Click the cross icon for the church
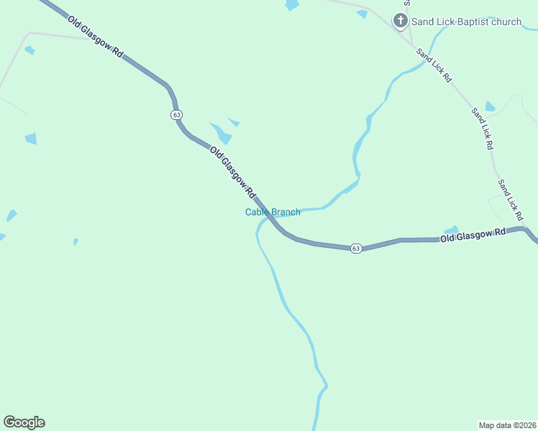click(x=401, y=22)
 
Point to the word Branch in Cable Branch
click(x=286, y=212)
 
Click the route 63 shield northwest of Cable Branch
click(x=177, y=115)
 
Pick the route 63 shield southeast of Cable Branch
click(x=356, y=249)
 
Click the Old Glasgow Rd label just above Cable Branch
click(x=233, y=172)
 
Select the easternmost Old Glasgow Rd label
click(x=473, y=234)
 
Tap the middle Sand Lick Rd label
click(x=482, y=128)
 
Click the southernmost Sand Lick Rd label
click(x=510, y=199)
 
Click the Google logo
click(x=24, y=422)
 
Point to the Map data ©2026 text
click(x=507, y=425)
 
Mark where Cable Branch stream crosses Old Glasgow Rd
click(x=270, y=215)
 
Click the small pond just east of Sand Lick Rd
click(x=490, y=107)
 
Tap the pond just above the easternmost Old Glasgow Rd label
click(x=452, y=230)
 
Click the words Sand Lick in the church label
click(x=432, y=22)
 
